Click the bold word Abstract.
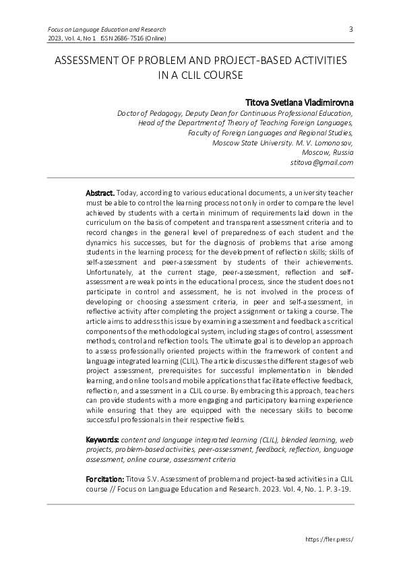pos(100,193)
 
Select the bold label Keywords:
pos(102,439)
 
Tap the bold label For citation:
pos(104,477)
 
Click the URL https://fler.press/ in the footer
pos(330,539)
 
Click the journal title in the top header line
pos(106,30)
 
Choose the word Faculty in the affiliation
pos(203,133)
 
